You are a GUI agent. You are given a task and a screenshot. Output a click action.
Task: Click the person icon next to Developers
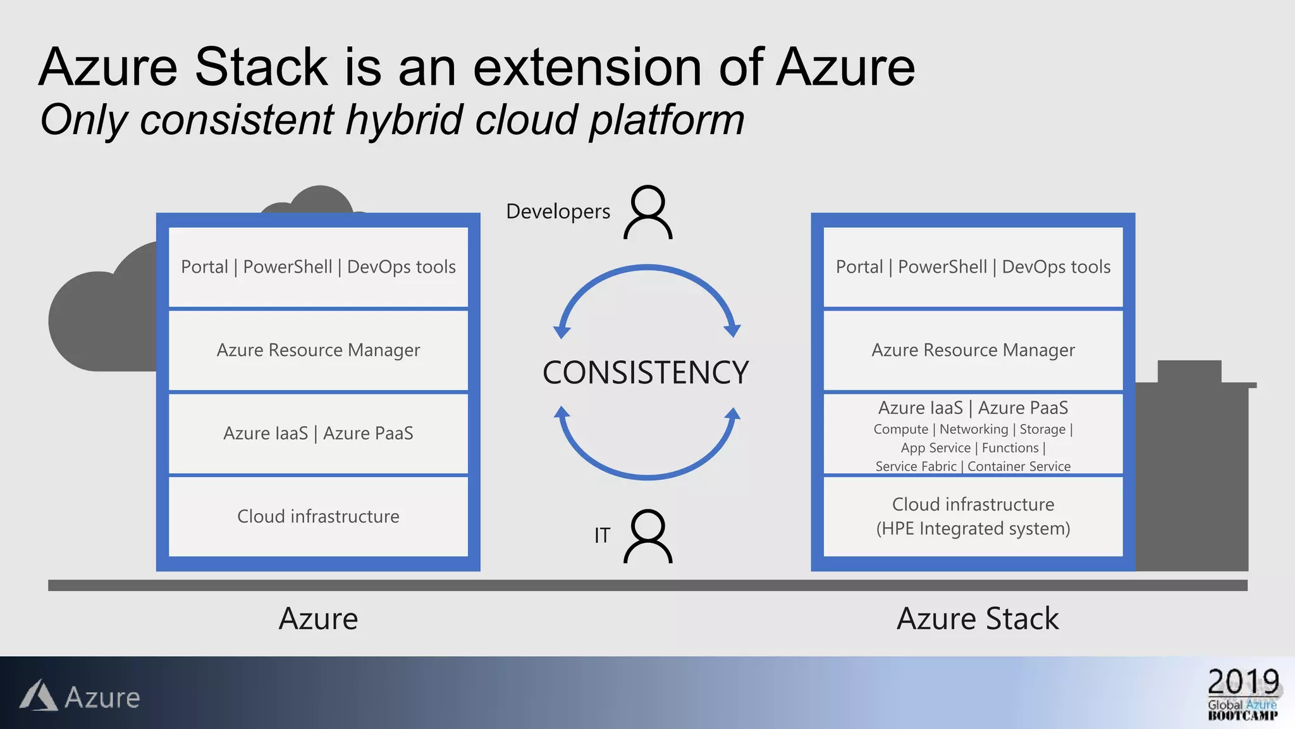point(648,212)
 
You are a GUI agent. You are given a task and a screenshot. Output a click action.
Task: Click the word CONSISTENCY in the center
point(646,372)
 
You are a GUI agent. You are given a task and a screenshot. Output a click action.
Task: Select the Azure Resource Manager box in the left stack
point(318,350)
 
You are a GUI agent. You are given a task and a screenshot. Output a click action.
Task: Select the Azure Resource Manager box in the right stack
point(973,350)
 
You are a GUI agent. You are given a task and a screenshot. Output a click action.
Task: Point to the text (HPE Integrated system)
point(973,528)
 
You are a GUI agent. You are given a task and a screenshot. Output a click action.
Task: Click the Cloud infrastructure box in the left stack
point(318,516)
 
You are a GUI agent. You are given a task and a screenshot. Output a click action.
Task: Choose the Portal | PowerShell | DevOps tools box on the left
point(318,267)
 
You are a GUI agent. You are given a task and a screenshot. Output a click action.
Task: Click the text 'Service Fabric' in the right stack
point(916,466)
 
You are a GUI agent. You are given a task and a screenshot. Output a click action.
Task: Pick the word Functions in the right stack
point(1010,448)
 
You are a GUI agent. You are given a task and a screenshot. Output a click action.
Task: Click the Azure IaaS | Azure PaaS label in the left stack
point(318,433)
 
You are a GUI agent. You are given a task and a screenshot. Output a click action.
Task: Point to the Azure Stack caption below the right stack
point(978,618)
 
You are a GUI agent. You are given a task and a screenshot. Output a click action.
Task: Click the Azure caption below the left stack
point(318,618)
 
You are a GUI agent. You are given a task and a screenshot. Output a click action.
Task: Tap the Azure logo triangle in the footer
point(39,696)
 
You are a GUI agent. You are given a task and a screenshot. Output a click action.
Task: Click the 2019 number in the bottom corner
point(1243,682)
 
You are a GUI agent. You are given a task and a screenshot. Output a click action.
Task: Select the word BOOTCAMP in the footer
point(1243,716)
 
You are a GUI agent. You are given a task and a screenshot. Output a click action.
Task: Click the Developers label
point(558,211)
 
